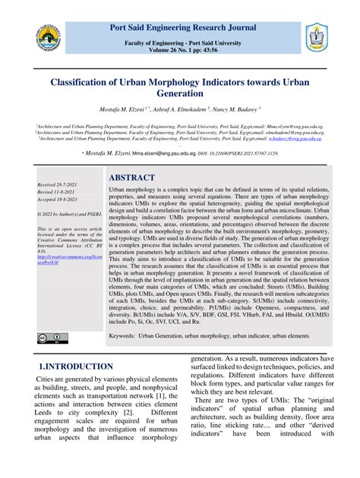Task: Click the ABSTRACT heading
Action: [x=136, y=178]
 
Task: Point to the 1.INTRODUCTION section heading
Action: [x=75, y=367]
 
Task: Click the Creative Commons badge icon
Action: [x=48, y=338]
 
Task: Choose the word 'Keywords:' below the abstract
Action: [x=125, y=335]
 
